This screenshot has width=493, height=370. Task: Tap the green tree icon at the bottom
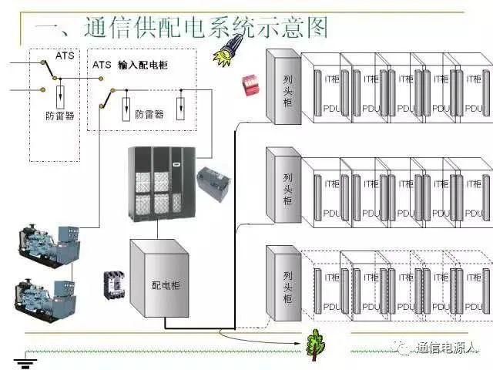coord(314,344)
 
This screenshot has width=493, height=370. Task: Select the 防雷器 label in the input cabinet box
coord(149,114)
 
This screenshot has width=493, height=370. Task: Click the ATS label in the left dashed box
coord(64,55)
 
